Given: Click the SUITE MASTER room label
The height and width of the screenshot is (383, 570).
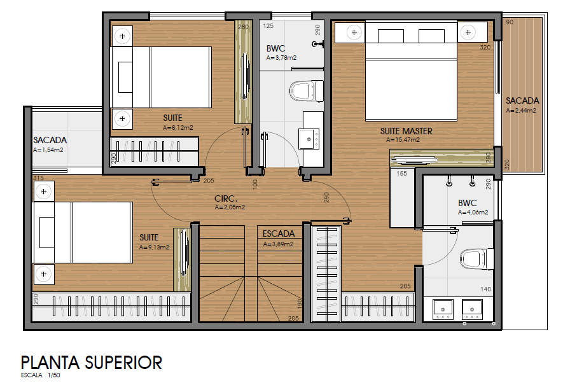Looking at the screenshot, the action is point(406,131).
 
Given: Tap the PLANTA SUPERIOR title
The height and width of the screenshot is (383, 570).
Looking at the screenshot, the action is point(91,363).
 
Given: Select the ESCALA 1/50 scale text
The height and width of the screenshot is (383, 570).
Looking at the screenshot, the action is point(40,375).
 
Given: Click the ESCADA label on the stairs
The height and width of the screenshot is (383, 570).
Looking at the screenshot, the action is point(279,233).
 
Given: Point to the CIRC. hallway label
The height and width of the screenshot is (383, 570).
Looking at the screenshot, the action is point(226,198).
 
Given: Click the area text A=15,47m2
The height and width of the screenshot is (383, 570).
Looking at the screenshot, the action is point(403,140).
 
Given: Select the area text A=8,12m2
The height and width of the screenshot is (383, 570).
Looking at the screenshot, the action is point(177,127).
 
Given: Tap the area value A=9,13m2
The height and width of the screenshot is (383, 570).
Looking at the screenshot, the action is point(154,247).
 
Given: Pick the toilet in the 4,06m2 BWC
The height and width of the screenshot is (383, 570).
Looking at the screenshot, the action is point(476,259).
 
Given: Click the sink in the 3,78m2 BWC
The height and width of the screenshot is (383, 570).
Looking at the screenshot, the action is point(309,139).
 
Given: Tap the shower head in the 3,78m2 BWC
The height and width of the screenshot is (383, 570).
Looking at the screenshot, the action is point(317,45).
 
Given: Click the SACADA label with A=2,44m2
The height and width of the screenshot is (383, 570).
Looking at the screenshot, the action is point(522,101).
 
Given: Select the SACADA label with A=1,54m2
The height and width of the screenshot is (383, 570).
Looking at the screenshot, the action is point(50,140).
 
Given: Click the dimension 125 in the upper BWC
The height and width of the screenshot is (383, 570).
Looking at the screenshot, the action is point(268,26).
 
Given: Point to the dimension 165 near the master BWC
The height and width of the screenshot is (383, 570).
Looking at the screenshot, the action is point(401,173).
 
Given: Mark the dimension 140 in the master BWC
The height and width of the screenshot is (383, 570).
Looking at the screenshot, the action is point(485,289).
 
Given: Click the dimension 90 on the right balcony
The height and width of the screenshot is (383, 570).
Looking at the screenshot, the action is point(510,22).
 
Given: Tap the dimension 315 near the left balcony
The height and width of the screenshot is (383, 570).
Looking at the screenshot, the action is point(38,178).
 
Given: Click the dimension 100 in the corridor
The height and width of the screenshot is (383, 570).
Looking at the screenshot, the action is point(255,183).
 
